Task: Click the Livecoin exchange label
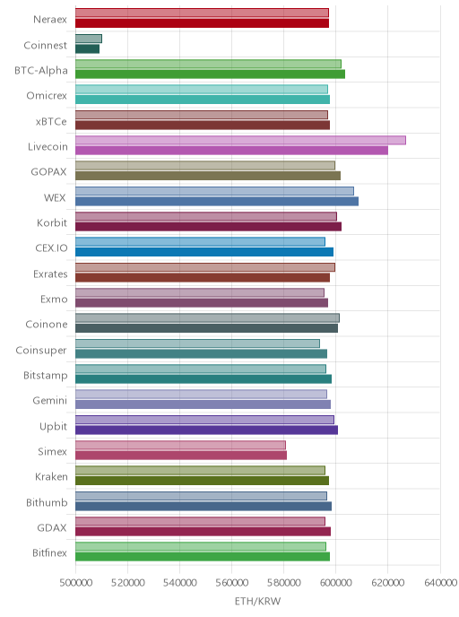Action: click(x=48, y=147)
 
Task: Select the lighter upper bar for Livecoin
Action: click(x=240, y=140)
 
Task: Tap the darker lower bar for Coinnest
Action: click(x=87, y=48)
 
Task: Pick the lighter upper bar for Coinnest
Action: click(x=89, y=39)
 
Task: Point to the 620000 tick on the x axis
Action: click(x=388, y=582)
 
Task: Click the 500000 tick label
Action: click(x=76, y=582)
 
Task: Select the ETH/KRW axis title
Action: click(x=257, y=601)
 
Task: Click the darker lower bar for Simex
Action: click(x=181, y=456)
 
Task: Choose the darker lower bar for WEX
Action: click(x=217, y=202)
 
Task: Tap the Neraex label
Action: click(x=50, y=20)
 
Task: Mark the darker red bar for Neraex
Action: click(x=203, y=23)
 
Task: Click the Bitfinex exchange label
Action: click(x=49, y=552)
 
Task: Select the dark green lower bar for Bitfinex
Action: click(x=203, y=557)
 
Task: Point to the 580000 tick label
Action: click(x=284, y=582)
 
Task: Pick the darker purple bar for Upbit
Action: click(x=206, y=430)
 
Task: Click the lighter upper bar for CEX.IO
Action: click(x=200, y=241)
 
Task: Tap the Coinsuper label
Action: click(x=41, y=351)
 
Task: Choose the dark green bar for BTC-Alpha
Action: click(x=210, y=74)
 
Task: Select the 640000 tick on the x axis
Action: click(x=440, y=582)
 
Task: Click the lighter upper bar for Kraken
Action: click(x=200, y=470)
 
